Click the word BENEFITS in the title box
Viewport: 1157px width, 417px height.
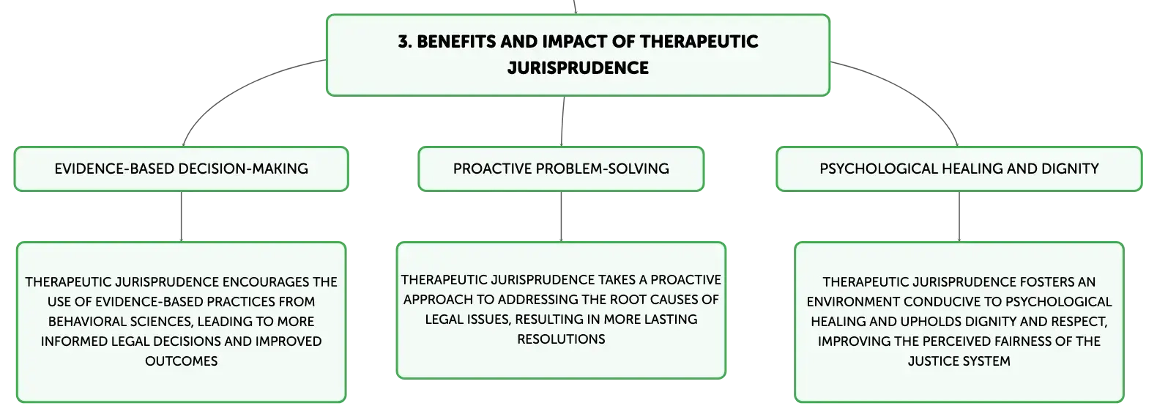click(456, 41)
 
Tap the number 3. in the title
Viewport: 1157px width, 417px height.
click(405, 41)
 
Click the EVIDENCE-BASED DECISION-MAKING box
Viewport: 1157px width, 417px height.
click(182, 169)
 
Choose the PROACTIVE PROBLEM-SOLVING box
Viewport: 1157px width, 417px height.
click(561, 169)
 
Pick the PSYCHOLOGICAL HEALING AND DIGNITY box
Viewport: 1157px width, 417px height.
click(959, 169)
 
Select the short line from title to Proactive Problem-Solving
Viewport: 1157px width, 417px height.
click(562, 122)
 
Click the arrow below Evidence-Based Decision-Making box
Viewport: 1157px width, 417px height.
click(182, 216)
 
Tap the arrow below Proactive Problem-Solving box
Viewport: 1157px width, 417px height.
click(561, 216)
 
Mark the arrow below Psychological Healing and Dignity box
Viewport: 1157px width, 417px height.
click(959, 216)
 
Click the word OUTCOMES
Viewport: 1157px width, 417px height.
click(182, 361)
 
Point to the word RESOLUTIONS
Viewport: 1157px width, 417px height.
click(561, 339)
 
